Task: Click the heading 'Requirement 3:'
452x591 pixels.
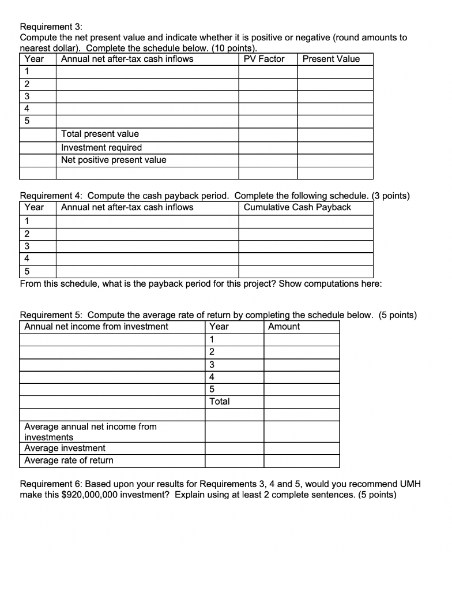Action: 51,27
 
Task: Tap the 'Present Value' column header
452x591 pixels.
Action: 331,59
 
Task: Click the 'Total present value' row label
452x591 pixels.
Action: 100,134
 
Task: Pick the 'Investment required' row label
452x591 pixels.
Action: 101,147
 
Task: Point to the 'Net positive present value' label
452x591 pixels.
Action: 114,160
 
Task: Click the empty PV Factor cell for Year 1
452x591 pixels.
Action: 268,72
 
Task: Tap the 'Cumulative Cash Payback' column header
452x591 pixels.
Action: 297,207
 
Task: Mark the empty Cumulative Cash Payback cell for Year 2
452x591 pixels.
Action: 306,234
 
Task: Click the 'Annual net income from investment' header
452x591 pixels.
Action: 96,327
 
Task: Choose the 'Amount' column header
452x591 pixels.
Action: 284,327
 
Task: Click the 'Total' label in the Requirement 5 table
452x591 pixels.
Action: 220,401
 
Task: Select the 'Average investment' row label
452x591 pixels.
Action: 65,448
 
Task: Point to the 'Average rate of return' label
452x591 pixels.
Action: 69,461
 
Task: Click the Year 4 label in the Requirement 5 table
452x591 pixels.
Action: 212,376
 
